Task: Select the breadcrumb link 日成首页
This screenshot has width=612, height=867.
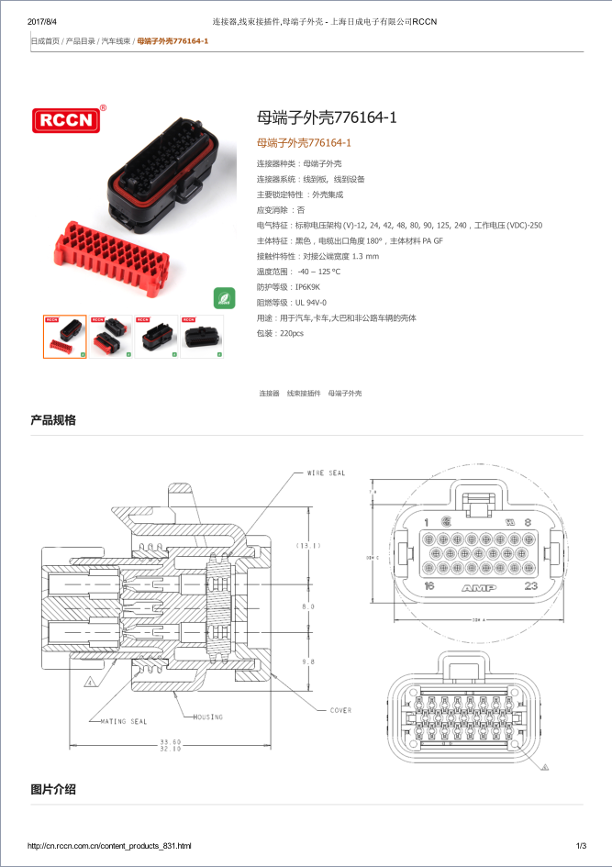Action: pyautogui.click(x=45, y=41)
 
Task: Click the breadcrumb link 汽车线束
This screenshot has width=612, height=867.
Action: pyautogui.click(x=116, y=41)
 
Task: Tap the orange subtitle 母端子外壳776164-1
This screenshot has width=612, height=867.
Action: pyautogui.click(x=304, y=143)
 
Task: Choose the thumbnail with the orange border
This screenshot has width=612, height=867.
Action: pyautogui.click(x=65, y=337)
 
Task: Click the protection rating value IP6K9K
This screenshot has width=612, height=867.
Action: pyautogui.click(x=307, y=286)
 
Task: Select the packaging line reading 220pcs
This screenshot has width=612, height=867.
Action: pyautogui.click(x=291, y=333)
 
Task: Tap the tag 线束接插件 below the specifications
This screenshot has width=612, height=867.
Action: pyautogui.click(x=304, y=393)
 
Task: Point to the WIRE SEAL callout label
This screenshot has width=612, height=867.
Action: pyautogui.click(x=326, y=473)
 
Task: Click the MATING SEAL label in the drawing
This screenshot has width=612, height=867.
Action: pyautogui.click(x=123, y=721)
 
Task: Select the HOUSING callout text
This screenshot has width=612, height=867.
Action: pyautogui.click(x=207, y=716)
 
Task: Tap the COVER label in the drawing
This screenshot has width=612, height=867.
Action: pyautogui.click(x=340, y=710)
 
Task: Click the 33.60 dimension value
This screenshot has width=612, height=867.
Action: pyautogui.click(x=170, y=740)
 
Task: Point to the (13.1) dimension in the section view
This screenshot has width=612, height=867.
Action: pyautogui.click(x=307, y=546)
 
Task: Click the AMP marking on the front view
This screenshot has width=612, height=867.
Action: pyautogui.click(x=479, y=587)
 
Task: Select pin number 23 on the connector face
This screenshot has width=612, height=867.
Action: pyautogui.click(x=529, y=585)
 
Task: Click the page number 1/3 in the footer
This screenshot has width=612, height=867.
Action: pyautogui.click(x=581, y=845)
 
